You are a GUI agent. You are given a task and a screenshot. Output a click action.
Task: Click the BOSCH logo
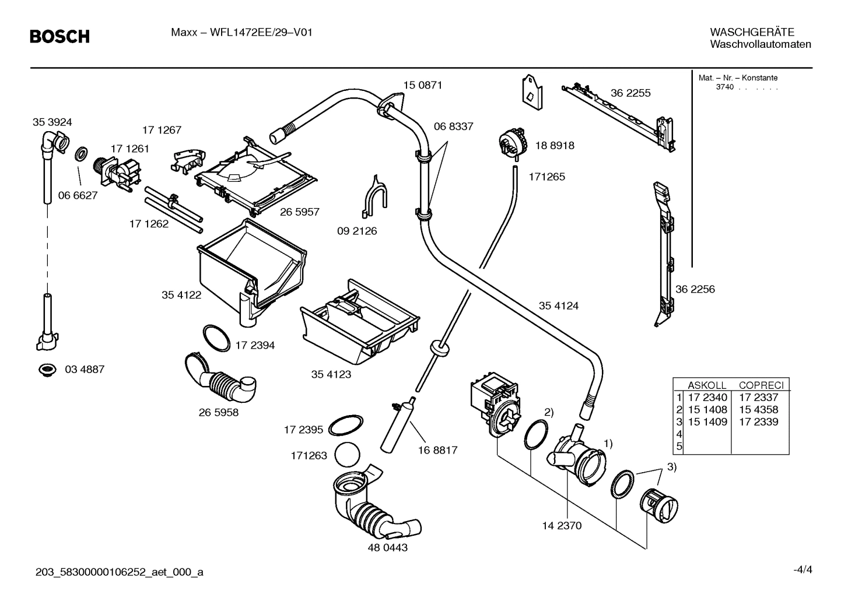click(x=59, y=37)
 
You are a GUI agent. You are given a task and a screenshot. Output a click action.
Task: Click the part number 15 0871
click(x=422, y=85)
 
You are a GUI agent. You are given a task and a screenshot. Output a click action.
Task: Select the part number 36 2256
click(x=695, y=289)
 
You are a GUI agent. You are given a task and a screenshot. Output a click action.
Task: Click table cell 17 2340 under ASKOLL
click(x=707, y=398)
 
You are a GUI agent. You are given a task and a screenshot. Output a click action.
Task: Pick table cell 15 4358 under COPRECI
click(x=758, y=410)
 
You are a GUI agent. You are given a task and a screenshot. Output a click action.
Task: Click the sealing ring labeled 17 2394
click(x=216, y=338)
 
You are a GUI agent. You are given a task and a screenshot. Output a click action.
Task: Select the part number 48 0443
click(x=387, y=548)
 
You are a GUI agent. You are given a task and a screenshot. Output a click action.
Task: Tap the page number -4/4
click(x=802, y=570)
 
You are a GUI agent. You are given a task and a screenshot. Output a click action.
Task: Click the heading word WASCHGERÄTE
click(x=752, y=32)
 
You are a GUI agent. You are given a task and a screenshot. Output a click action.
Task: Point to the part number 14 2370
click(x=562, y=526)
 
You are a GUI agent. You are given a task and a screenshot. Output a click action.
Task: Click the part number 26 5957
click(x=299, y=212)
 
